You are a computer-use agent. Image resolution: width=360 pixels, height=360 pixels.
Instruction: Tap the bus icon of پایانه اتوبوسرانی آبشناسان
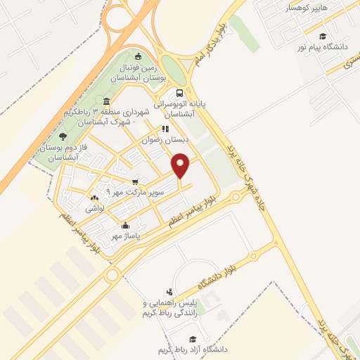pyautogui.click(x=181, y=93)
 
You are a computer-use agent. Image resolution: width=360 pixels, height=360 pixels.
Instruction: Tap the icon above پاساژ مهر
pyautogui.click(x=125, y=225)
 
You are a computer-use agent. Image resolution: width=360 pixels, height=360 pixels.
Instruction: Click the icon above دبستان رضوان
pyautogui.click(x=165, y=129)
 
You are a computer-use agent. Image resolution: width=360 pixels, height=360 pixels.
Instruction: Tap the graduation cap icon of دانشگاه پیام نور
pyautogui.click(x=322, y=37)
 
